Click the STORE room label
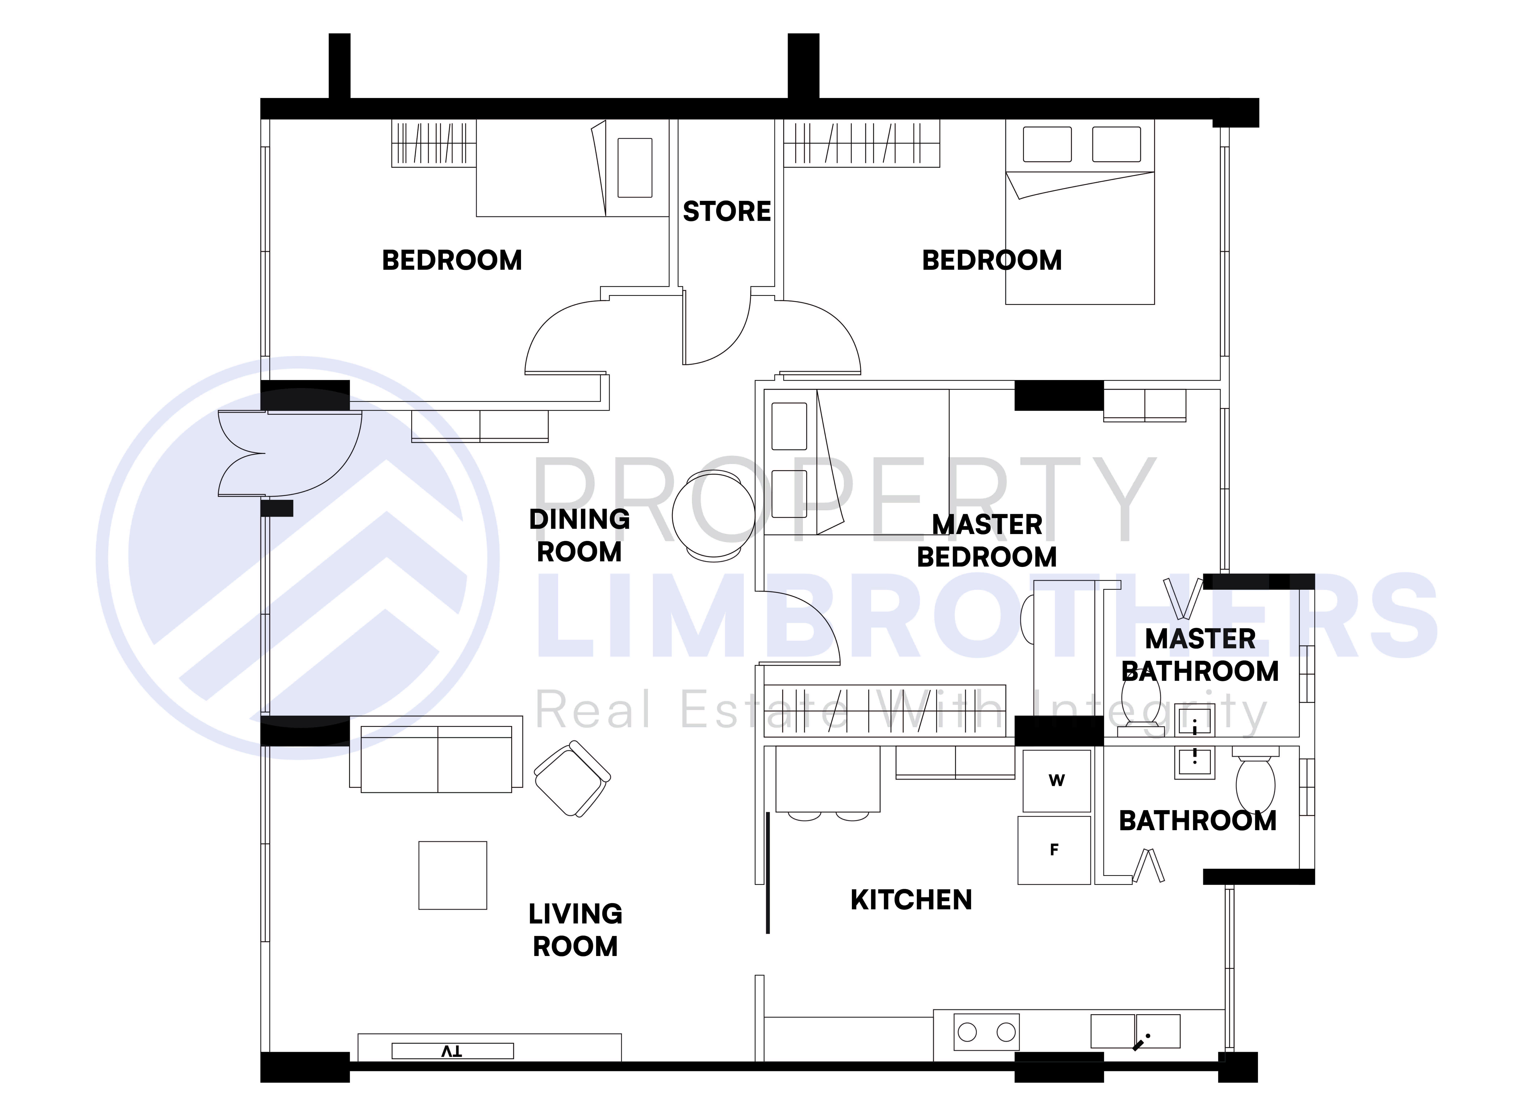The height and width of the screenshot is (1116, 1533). [727, 212]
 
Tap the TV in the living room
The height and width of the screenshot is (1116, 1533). [452, 1051]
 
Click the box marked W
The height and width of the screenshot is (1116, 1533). [1057, 780]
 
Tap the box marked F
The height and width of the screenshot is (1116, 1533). [1054, 850]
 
